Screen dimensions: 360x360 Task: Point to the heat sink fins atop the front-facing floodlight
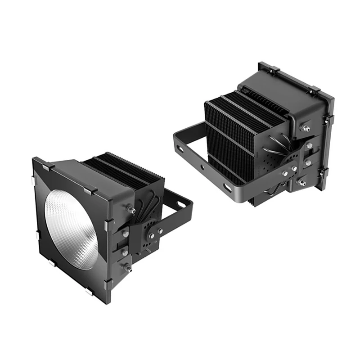point(121,169)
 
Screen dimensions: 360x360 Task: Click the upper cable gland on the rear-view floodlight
point(306,129)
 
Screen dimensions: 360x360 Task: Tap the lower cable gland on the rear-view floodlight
point(302,182)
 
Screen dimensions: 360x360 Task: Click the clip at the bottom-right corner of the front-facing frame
point(108,283)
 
